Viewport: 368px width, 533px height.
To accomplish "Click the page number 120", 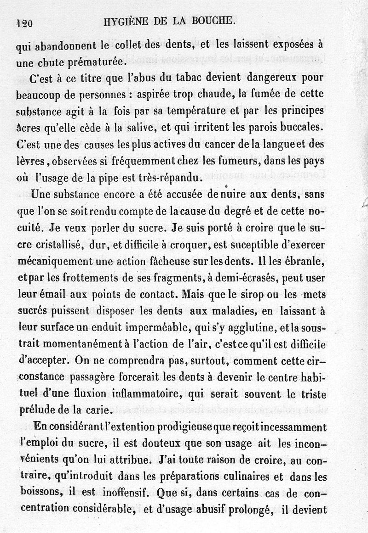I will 24,24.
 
